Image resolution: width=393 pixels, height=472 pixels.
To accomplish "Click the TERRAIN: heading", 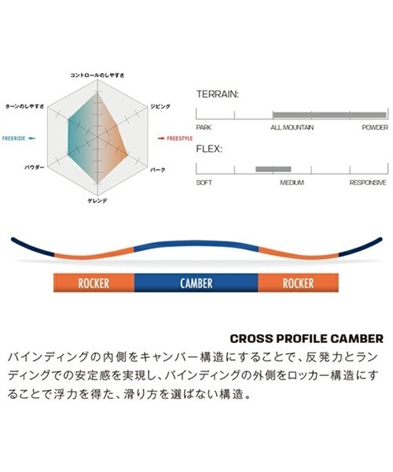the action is [x=218, y=94].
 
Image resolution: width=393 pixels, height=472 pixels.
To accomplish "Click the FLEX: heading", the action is [x=209, y=149].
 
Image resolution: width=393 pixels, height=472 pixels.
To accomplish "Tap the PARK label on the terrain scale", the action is [x=204, y=127].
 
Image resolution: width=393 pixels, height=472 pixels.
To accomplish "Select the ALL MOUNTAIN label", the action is [x=292, y=127].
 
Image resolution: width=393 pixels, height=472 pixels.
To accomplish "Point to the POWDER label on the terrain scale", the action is [x=375, y=127].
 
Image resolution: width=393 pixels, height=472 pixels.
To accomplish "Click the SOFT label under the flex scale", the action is [x=204, y=183].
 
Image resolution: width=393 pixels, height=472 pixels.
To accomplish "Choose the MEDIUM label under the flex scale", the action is [x=292, y=183].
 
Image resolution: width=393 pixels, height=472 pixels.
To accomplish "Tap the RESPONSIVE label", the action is [x=368, y=183].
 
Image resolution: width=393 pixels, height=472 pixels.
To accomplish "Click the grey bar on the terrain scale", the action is [x=329, y=115].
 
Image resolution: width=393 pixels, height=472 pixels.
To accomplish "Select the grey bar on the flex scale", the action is [x=274, y=169].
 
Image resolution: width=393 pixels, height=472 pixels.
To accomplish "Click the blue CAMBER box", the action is [x=196, y=283].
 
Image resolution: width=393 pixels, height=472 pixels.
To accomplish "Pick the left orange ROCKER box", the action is [x=94, y=283].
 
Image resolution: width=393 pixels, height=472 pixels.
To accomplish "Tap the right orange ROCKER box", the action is [x=298, y=283].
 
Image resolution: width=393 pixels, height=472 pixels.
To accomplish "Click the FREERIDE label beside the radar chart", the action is [x=14, y=138].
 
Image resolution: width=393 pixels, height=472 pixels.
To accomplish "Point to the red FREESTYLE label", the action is [x=179, y=138].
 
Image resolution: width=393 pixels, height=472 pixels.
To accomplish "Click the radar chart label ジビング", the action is [x=160, y=106].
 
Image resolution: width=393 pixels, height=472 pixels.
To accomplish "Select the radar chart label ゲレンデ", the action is [x=97, y=201].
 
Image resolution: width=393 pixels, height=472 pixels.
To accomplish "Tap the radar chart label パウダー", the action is [x=35, y=168].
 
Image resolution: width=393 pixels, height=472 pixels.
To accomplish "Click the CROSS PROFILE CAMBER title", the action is [x=307, y=338].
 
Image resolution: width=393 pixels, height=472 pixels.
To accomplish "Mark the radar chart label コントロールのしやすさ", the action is [x=97, y=76].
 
